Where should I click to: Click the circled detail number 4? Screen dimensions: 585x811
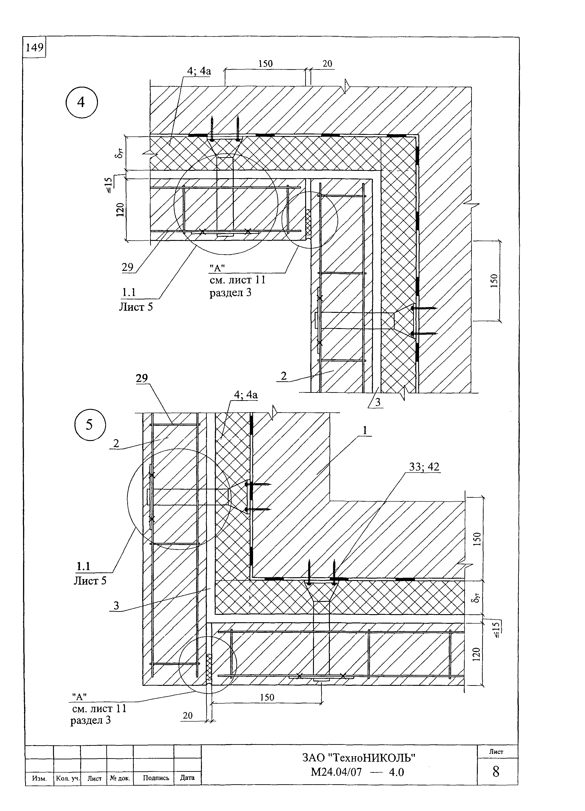click(82, 103)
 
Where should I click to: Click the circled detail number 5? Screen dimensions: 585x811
click(90, 425)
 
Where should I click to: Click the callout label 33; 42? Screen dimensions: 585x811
click(424, 466)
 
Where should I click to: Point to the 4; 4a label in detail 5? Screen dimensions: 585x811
click(246, 395)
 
